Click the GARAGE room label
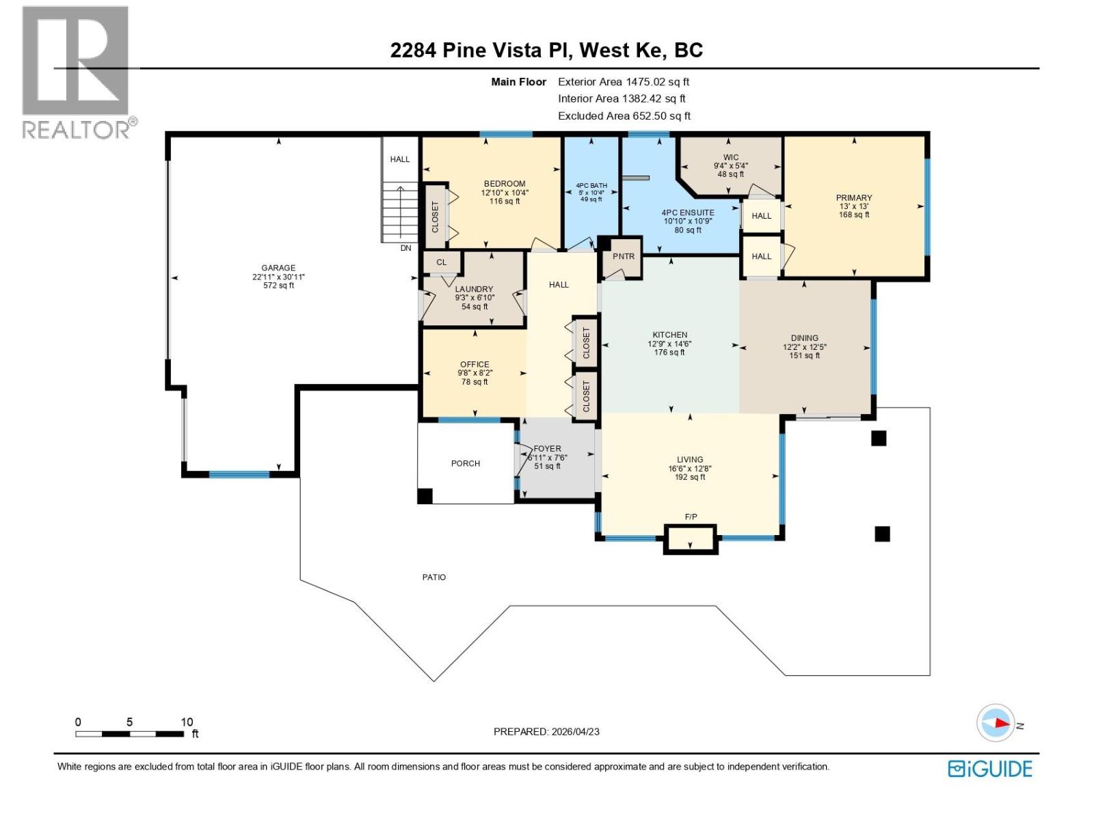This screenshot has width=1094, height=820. (278, 268)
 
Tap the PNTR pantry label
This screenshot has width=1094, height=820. (623, 256)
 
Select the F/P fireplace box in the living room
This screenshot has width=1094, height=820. (691, 539)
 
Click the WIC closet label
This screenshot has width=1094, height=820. (731, 157)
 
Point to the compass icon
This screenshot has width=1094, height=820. (995, 722)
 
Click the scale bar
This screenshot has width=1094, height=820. (129, 734)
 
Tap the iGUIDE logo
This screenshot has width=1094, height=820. (989, 769)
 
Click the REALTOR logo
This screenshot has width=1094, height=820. (77, 72)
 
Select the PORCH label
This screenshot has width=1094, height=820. (466, 463)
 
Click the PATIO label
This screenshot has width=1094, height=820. (433, 577)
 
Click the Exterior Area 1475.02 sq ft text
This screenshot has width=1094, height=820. (624, 81)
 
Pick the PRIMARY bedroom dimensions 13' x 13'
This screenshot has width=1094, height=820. (854, 206)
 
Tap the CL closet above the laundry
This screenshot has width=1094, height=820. (442, 262)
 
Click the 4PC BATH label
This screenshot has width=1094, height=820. (591, 185)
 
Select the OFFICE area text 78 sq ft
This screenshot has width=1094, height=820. (475, 382)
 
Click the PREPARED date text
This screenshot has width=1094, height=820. (546, 731)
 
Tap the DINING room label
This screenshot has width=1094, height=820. (805, 338)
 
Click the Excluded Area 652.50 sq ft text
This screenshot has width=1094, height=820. (624, 115)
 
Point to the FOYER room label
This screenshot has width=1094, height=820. (548, 449)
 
